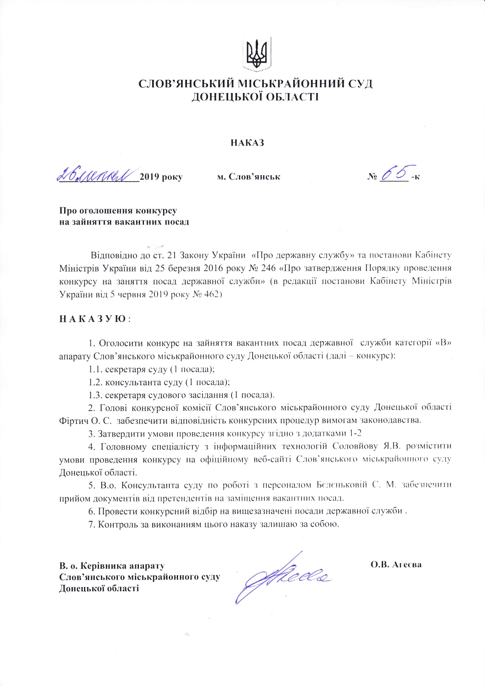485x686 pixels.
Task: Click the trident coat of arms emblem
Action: tap(256, 54)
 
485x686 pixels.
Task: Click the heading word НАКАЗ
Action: tap(247, 143)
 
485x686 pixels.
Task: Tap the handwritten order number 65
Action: tap(394, 172)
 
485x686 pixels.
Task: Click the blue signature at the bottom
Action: tap(282, 577)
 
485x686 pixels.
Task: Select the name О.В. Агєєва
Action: tap(396, 565)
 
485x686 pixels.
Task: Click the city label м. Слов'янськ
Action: tap(249, 177)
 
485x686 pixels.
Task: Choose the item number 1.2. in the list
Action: tap(95, 382)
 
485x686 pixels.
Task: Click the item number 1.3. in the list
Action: tap(95, 395)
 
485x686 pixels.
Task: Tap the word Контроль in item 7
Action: tap(116, 524)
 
